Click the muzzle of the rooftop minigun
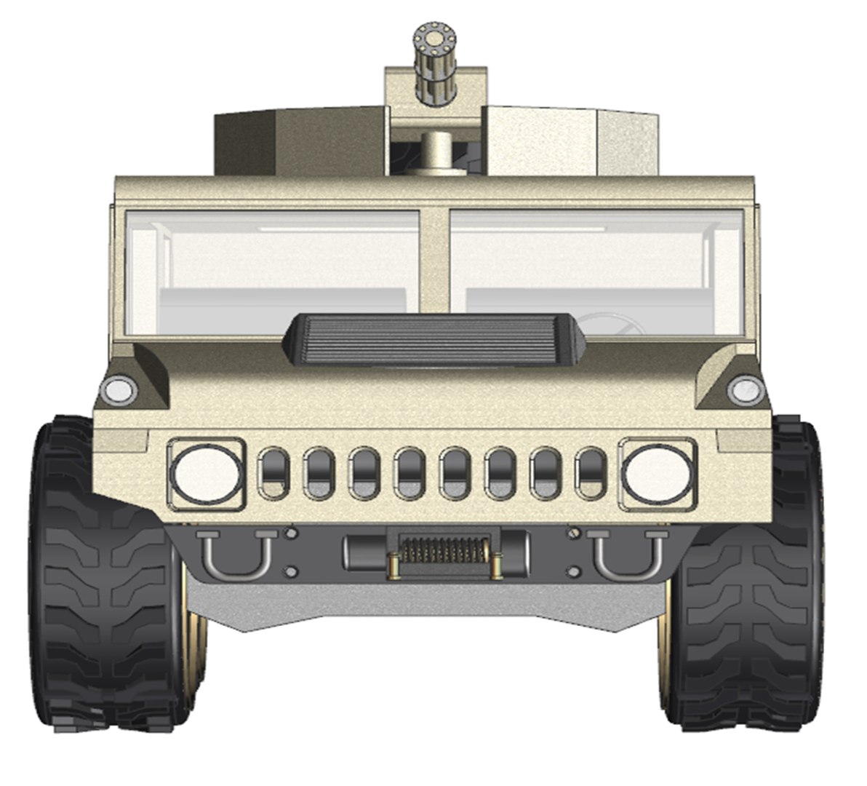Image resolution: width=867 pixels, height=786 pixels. click(x=432, y=34)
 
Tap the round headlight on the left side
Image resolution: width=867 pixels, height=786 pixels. click(x=207, y=473)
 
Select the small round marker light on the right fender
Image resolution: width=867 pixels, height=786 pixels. click(x=742, y=390)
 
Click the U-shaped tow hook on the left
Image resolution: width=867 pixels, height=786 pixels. click(x=236, y=553)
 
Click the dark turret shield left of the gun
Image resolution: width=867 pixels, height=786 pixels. click(x=298, y=142)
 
